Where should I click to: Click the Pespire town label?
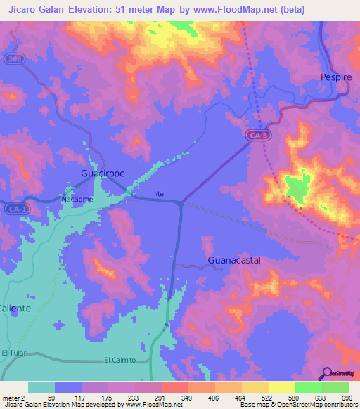pyautogui.click(x=335, y=77)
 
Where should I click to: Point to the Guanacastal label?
pyautogui.click(x=235, y=260)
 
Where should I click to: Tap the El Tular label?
pyautogui.click(x=13, y=352)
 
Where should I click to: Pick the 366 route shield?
pyautogui.click(x=15, y=59)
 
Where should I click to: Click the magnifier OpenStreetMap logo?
pyautogui.click(x=327, y=373)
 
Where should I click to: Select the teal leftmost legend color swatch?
pyautogui.click(x=41, y=387)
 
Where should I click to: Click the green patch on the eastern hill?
pyautogui.click(x=297, y=188)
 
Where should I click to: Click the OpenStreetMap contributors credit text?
pyautogui.click(x=309, y=405)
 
